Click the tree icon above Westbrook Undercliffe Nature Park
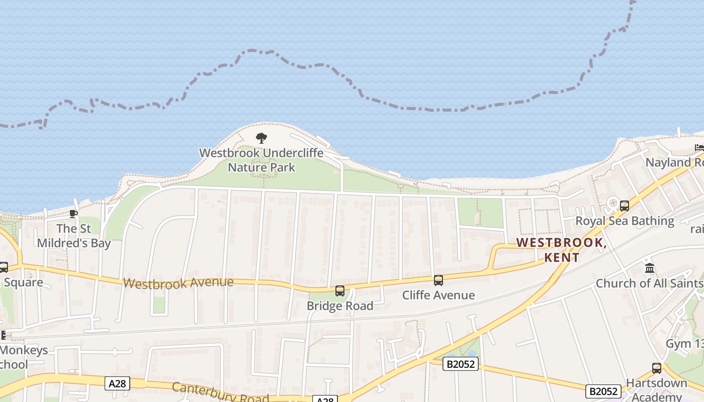tap(261, 138)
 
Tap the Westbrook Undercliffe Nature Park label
tap(261, 160)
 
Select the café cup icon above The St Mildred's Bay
tap(73, 214)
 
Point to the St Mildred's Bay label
tap(73, 236)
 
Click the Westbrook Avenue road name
tap(178, 283)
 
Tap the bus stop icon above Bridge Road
tap(340, 291)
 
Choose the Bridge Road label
tap(340, 306)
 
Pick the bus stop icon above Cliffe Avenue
tap(438, 280)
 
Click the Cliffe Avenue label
tap(438, 295)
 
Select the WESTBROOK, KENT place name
tap(561, 250)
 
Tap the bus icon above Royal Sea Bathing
tap(625, 206)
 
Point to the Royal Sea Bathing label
tap(625, 221)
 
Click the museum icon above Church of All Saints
tap(650, 268)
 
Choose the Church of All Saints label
tap(649, 283)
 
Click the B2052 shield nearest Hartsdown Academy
tap(603, 391)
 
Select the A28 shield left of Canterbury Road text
tap(118, 384)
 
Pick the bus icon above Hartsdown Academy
tap(657, 368)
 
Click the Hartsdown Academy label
tap(657, 389)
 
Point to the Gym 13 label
tap(684, 344)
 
